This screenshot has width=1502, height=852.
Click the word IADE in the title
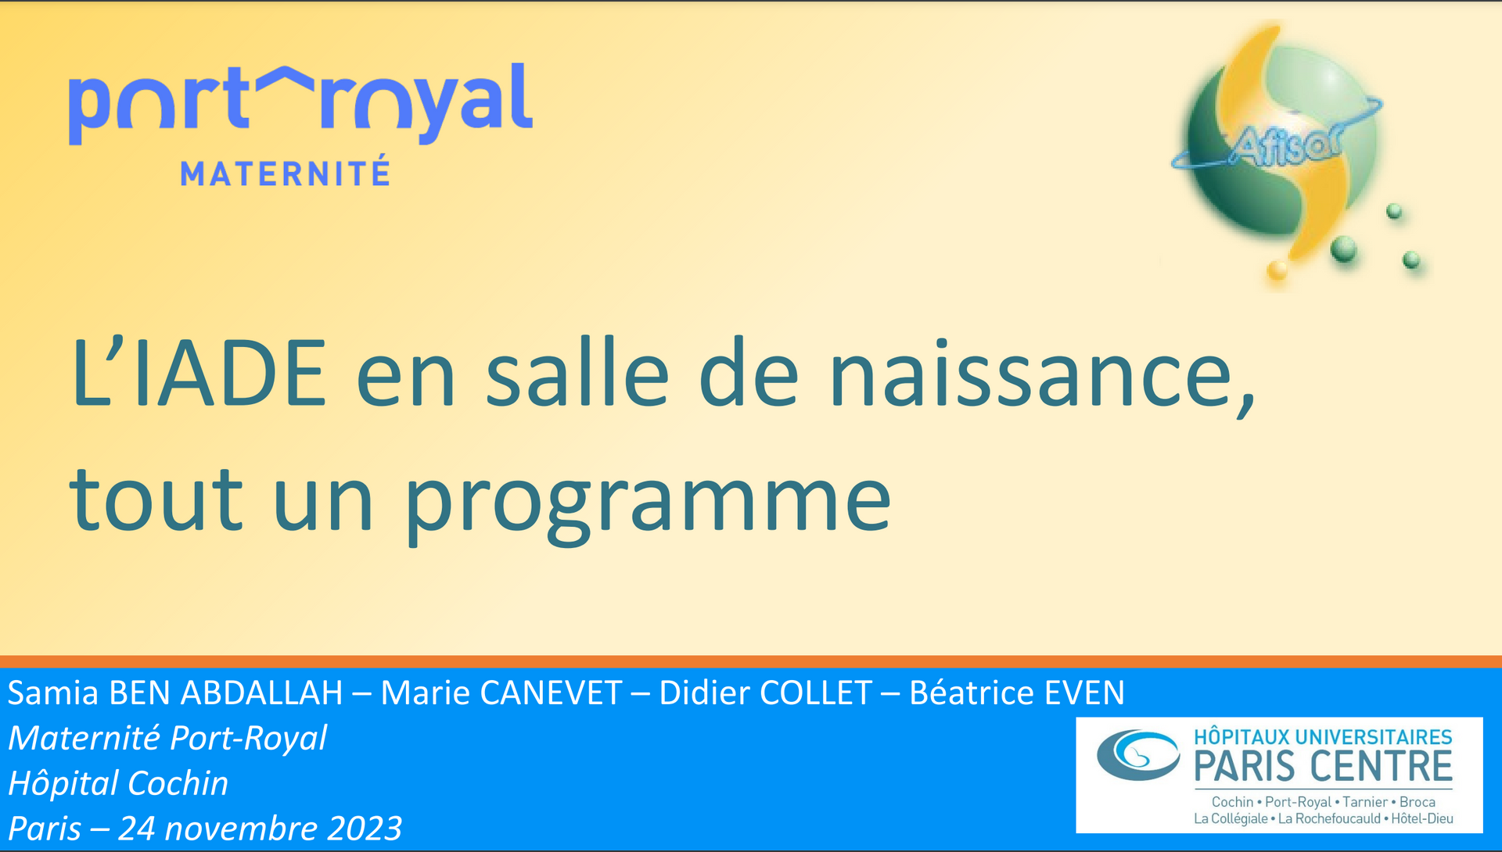pos(230,373)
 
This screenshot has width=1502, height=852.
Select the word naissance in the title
pos(1041,373)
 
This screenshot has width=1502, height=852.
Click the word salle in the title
pos(577,373)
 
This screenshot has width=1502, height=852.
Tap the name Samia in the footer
pos(53,693)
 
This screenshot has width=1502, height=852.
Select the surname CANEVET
pos(551,693)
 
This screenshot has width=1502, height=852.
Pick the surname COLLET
pos(816,693)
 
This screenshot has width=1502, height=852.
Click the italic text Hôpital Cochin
pos(118,783)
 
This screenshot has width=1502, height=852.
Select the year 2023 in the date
pos(365,829)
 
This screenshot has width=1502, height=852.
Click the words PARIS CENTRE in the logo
pos(1323,766)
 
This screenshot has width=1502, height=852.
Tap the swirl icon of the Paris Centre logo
pos(1138,755)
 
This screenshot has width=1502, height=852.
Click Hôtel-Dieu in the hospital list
pos(1422,819)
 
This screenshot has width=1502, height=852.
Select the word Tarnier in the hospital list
pos(1365,802)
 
